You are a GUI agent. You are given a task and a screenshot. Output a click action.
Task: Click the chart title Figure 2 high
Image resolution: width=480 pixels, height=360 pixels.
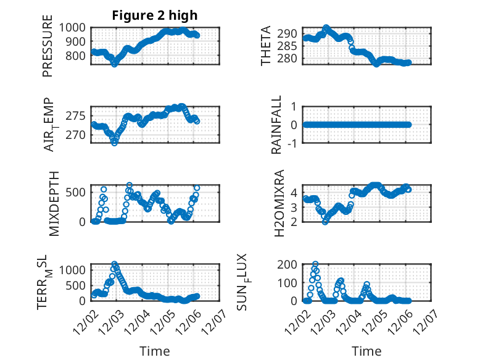[x=154, y=15]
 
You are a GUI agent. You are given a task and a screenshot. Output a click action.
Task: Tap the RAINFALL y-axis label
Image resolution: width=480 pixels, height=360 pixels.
[x=277, y=125]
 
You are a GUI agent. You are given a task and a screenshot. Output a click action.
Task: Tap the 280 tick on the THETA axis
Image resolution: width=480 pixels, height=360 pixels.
[x=291, y=59]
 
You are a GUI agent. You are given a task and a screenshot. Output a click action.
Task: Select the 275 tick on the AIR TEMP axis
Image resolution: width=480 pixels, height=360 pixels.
[x=79, y=116]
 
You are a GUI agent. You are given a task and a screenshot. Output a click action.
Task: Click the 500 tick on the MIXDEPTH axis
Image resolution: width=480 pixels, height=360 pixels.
[x=79, y=191]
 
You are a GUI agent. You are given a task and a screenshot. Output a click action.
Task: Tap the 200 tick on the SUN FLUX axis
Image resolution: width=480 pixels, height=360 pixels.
[x=291, y=265]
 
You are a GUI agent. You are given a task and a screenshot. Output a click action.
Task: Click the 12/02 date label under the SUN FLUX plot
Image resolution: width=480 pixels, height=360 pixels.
[x=302, y=320]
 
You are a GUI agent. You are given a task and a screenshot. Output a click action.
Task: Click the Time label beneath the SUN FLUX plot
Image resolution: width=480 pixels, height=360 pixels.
[x=366, y=351]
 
